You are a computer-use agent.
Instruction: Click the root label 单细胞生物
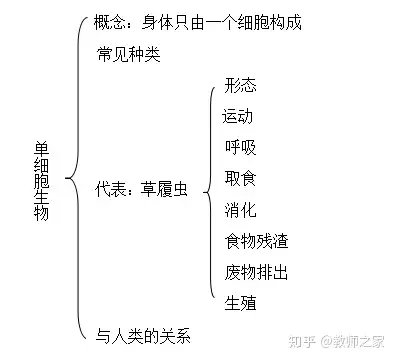pos(41,180)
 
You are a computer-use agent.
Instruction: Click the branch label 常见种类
pos(129,53)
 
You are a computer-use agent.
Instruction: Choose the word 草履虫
pos(163,186)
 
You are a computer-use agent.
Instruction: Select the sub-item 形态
pos(241,85)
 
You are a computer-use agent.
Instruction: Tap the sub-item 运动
pos(238,115)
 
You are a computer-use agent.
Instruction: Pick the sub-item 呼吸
pos(241,147)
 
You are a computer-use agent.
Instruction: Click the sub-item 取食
pos(241,178)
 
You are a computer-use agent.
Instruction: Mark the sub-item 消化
pos(241,209)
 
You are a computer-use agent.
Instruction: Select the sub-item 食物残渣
pos(257,240)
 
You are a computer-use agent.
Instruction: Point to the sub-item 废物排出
pos(257,271)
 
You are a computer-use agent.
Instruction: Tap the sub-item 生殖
pos(241,303)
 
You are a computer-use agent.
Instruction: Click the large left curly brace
pos(73,180)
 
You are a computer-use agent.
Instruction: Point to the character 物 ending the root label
pos(41,213)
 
